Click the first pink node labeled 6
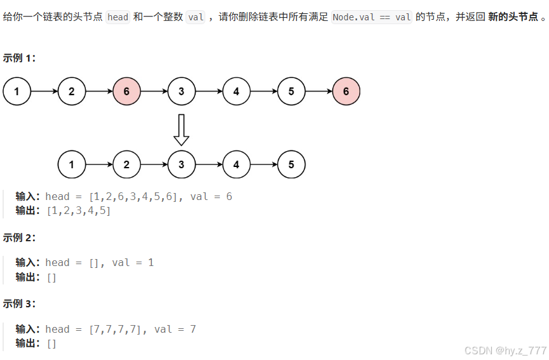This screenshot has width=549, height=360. coord(126,91)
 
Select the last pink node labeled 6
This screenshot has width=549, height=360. coord(346,91)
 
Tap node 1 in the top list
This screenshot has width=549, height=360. coord(17,91)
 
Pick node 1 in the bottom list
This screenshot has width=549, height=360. coord(72,165)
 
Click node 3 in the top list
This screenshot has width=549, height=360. coord(182,91)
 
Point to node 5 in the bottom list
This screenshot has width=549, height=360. coord(291,165)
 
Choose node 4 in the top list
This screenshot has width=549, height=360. coord(236,91)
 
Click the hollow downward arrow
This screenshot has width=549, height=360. coord(182,130)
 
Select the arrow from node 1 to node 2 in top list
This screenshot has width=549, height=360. coord(44,91)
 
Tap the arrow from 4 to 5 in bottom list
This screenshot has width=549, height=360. coord(264,165)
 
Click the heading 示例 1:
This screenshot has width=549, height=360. coord(20,58)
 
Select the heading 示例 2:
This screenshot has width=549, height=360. coord(20,237)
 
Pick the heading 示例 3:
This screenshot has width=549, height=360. coord(20,303)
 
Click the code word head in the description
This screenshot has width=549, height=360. coord(118,17)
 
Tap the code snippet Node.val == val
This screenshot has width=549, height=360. coord(372,17)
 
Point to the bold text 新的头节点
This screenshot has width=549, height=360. coord(513,17)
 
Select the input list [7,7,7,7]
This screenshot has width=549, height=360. coord(116,329)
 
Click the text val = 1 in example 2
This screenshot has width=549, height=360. coord(133,262)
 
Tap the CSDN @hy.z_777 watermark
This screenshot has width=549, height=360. coord(505,350)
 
